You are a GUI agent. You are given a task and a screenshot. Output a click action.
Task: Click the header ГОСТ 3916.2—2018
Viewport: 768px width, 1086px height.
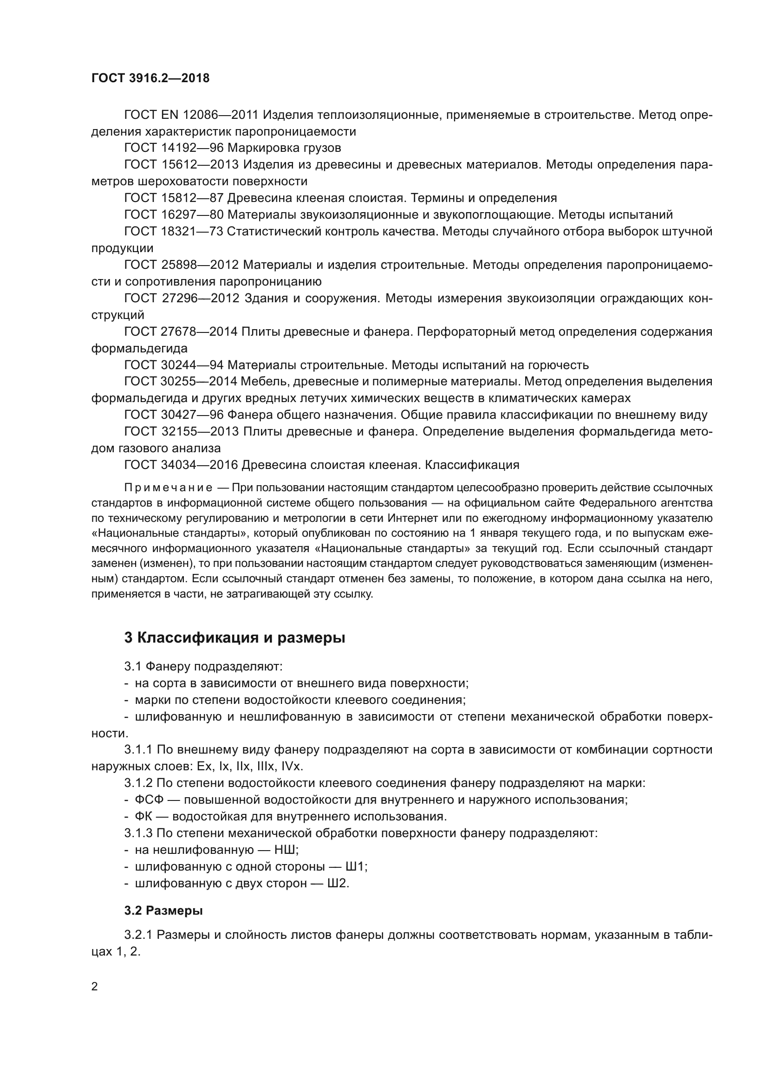[150, 78]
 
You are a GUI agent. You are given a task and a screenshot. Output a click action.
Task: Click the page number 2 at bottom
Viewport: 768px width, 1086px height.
[95, 986]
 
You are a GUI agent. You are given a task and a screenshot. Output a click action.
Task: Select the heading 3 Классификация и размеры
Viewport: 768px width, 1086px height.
[234, 637]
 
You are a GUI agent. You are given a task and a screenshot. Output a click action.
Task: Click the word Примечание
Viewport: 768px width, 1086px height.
[168, 488]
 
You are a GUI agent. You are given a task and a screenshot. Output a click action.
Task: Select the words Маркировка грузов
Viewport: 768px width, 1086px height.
[284, 148]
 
